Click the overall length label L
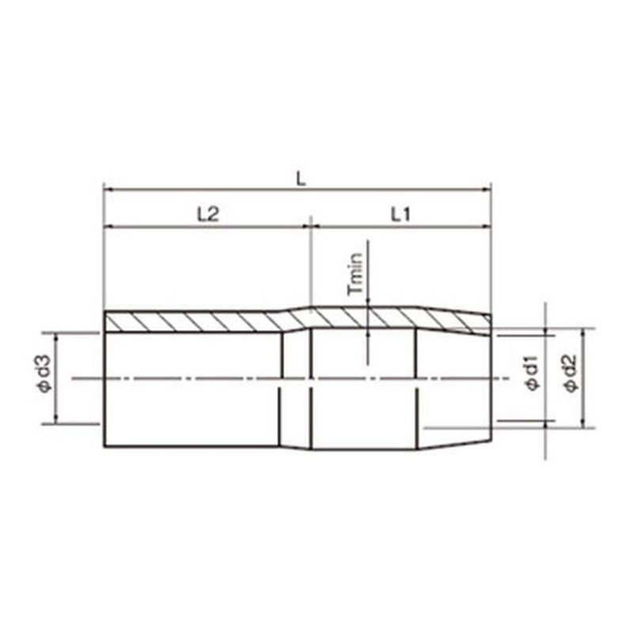300,179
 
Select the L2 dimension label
207,214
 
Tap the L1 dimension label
400,214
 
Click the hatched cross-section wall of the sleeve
198,321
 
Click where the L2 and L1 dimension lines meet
310,226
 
